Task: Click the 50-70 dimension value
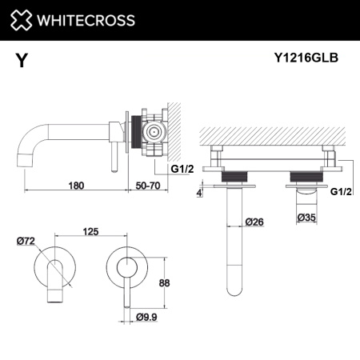point(146,186)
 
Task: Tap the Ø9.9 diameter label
point(146,318)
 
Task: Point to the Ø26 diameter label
point(254,222)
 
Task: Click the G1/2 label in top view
point(341,191)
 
